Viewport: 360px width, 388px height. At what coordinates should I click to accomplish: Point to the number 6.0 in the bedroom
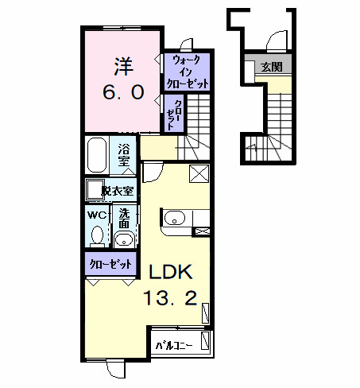pyautogui.click(x=123, y=93)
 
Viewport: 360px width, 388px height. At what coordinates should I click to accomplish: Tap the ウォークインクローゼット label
pyautogui.click(x=188, y=72)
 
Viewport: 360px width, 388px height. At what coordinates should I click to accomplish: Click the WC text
pyautogui.click(x=97, y=215)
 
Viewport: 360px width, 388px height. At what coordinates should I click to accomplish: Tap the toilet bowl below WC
pyautogui.click(x=98, y=235)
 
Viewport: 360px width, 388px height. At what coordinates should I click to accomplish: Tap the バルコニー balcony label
pyautogui.click(x=174, y=345)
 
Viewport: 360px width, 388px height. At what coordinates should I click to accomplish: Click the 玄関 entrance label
pyautogui.click(x=271, y=67)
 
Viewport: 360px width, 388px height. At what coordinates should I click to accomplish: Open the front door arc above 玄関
pyautogui.click(x=275, y=40)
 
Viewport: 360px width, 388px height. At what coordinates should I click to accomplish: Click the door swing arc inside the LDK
pyautogui.click(x=153, y=170)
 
